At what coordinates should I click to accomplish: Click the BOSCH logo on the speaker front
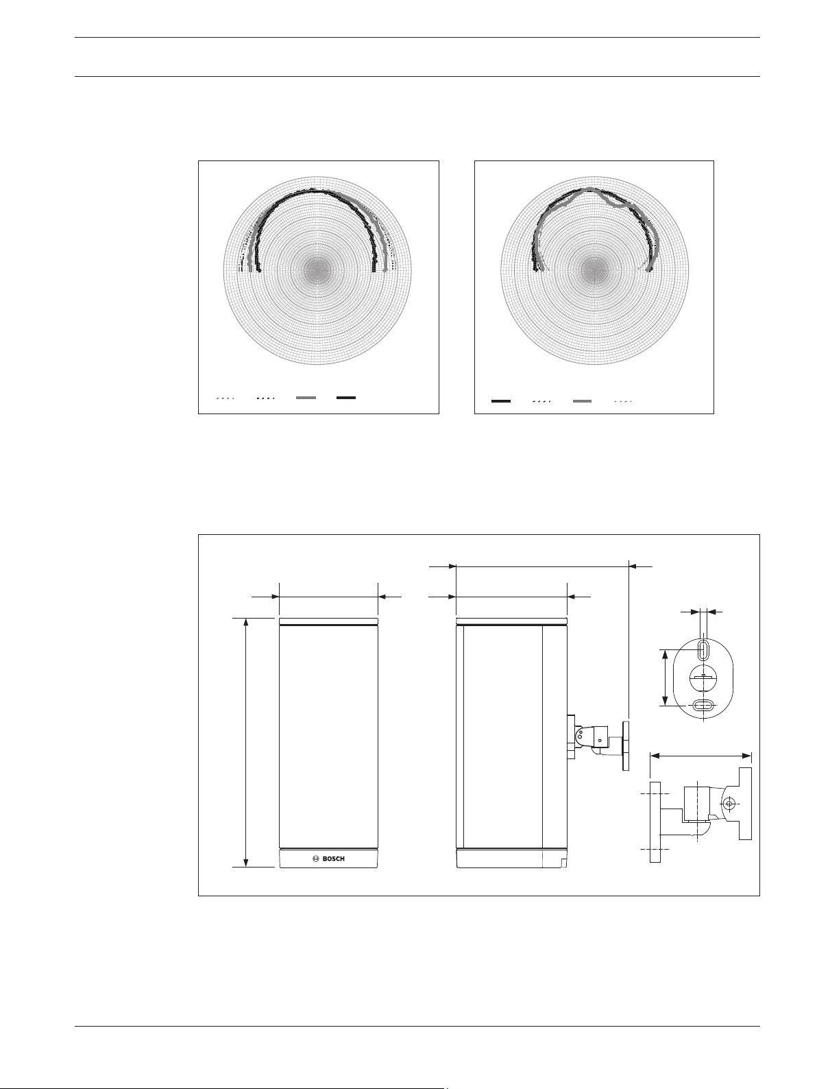(328, 859)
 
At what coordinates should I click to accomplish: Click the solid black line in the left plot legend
(346, 397)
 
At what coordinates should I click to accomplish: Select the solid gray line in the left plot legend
(306, 397)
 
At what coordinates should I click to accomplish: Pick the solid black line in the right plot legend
(501, 401)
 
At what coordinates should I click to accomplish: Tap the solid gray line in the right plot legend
(582, 401)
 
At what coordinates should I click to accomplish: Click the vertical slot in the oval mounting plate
(704, 649)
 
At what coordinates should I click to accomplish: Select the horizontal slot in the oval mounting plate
(703, 705)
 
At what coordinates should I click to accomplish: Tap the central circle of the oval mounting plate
(703, 677)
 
